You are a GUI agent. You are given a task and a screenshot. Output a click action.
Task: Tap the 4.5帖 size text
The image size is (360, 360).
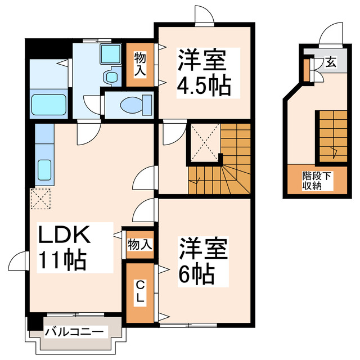(204, 86)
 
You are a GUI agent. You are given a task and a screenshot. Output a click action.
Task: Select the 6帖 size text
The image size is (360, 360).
(196, 274)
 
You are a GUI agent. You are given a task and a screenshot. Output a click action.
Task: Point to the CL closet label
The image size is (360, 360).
(139, 292)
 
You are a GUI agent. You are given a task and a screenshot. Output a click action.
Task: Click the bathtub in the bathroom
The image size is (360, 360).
(48, 105)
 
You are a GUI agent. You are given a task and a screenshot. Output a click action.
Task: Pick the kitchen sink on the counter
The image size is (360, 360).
(44, 169)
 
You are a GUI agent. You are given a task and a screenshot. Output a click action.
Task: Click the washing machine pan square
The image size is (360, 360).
(110, 53)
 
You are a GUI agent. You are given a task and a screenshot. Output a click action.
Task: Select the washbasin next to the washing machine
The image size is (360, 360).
(111, 76)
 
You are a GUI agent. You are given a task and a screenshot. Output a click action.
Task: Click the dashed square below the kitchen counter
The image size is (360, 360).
(40, 198)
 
